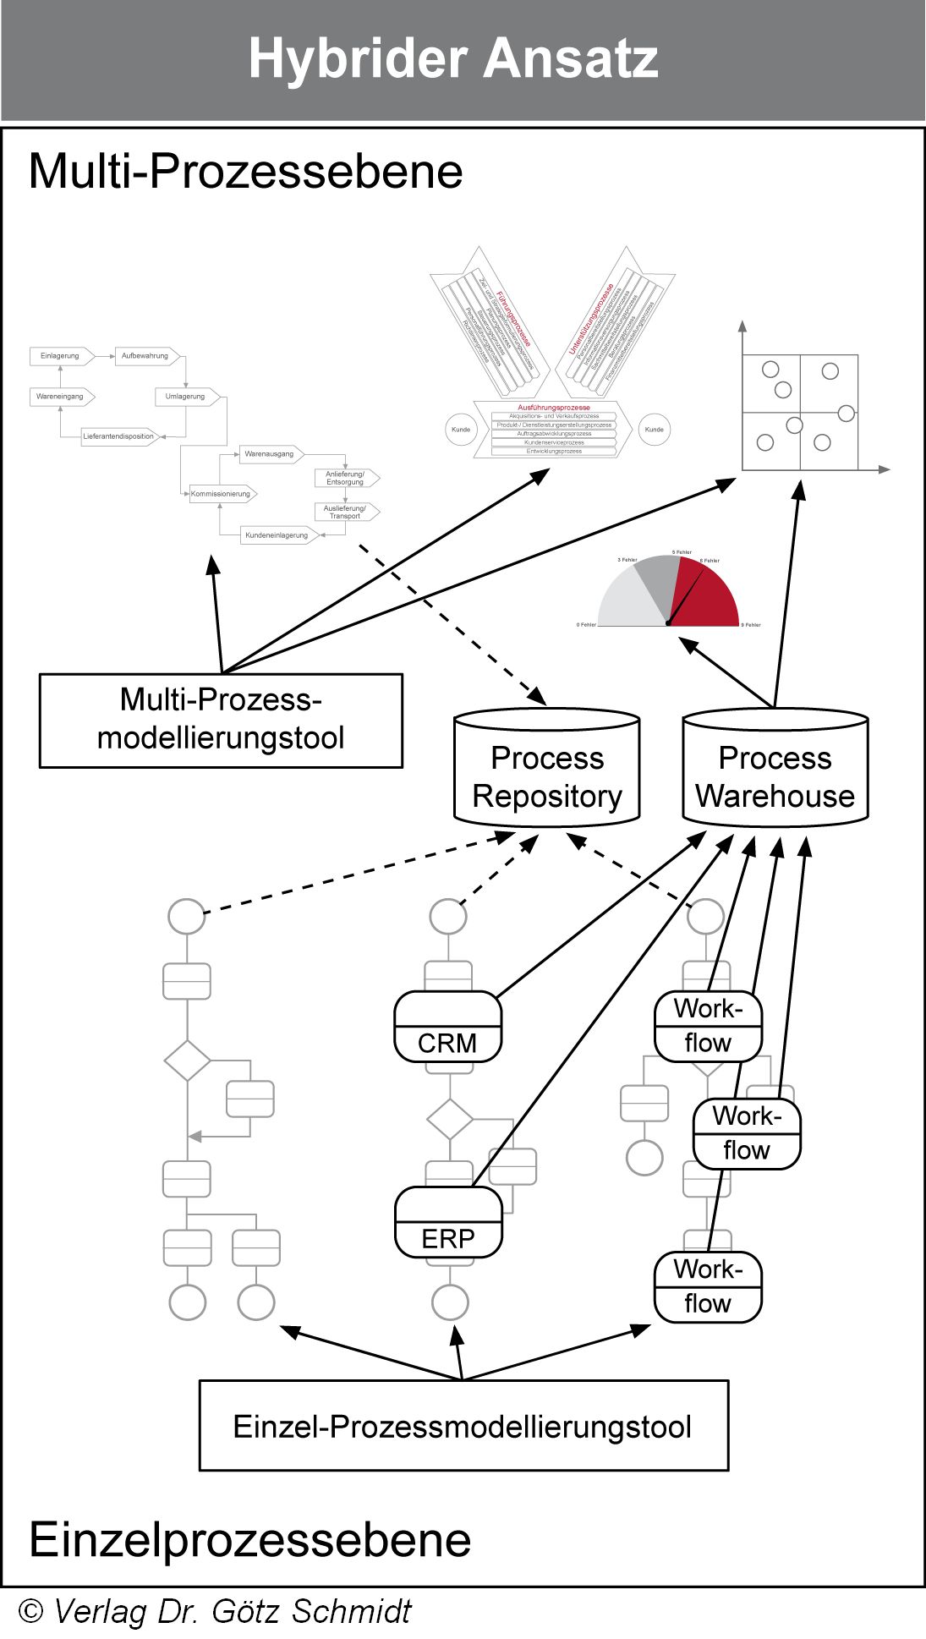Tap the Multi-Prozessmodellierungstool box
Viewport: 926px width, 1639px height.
pos(221,720)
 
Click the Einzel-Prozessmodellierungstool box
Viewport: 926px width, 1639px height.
pos(463,1426)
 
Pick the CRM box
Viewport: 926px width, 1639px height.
pos(447,1027)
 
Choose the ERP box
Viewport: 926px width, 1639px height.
pos(448,1222)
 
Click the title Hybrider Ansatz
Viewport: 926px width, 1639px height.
pos(453,59)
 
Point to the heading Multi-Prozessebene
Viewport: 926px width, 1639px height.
pos(245,171)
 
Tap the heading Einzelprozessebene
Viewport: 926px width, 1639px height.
pos(249,1539)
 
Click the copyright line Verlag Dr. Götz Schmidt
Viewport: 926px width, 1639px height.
pos(216,1612)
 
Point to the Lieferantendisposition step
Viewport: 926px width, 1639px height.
pos(119,436)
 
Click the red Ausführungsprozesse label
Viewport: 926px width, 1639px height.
pos(554,408)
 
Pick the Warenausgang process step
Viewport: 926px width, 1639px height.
pos(270,454)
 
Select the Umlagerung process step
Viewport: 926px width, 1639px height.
pos(186,397)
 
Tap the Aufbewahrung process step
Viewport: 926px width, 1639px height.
pos(145,356)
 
